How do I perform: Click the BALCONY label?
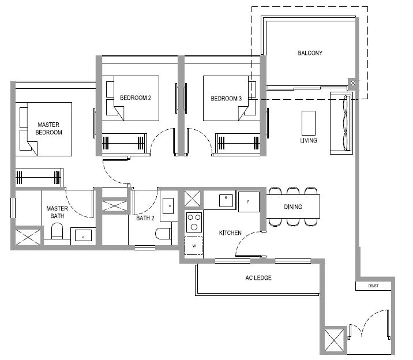pos(310,53)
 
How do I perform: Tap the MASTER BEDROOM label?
pos(48,128)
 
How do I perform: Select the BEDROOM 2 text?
pos(136,97)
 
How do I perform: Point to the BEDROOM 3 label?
pos(226,99)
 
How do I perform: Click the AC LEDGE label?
pos(258,277)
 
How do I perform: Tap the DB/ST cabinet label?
pos(374,286)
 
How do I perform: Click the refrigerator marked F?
pos(249,202)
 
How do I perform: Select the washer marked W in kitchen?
pos(194,246)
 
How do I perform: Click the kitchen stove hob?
pos(194,223)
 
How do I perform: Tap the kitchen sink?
pos(226,201)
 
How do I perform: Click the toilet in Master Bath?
pos(57,231)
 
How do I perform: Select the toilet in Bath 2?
pos(163,233)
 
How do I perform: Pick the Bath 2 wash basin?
pos(168,206)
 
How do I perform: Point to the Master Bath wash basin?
pos(83,235)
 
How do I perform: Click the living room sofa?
pos(341,123)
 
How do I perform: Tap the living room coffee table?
pos(309,123)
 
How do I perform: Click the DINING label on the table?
pos(293,207)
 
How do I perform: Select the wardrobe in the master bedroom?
pos(39,178)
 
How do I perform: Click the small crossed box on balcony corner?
pos(353,83)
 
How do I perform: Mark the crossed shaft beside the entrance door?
pos(334,340)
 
